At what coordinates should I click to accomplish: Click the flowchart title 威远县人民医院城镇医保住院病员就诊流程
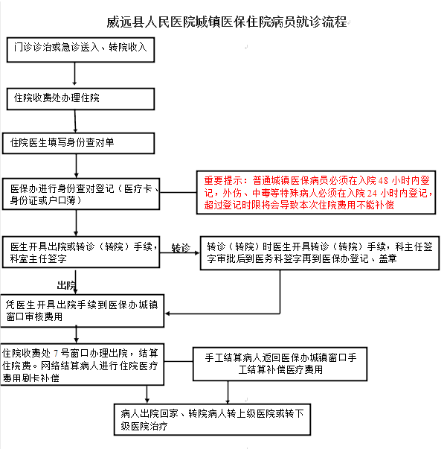coord(227,22)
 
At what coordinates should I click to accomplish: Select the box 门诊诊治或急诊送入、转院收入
coord(80,50)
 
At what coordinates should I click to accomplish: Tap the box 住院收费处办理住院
coord(80,99)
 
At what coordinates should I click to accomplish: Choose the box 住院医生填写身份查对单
coord(78,143)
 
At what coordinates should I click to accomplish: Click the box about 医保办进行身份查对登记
coord(81,194)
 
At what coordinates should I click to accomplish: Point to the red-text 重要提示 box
coord(316,192)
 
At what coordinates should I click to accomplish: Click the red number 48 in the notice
coord(383,181)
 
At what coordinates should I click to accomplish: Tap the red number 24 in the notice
coord(372,194)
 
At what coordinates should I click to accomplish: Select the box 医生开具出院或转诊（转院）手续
coord(81,252)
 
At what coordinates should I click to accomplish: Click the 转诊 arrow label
coord(181,248)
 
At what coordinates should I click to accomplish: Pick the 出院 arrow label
coord(66,285)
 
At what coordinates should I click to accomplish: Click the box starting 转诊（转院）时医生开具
coord(320,253)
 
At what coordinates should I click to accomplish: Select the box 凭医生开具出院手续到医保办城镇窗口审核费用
coord(83,311)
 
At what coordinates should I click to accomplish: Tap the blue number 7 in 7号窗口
coord(56,354)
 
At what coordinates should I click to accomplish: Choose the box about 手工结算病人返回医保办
coord(280,364)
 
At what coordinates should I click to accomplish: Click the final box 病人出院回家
coord(212,419)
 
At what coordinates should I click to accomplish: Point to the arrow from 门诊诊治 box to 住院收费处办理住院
coord(74,74)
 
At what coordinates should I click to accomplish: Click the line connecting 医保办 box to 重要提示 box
coord(179,192)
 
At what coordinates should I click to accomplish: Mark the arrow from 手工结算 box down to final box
coord(228,392)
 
